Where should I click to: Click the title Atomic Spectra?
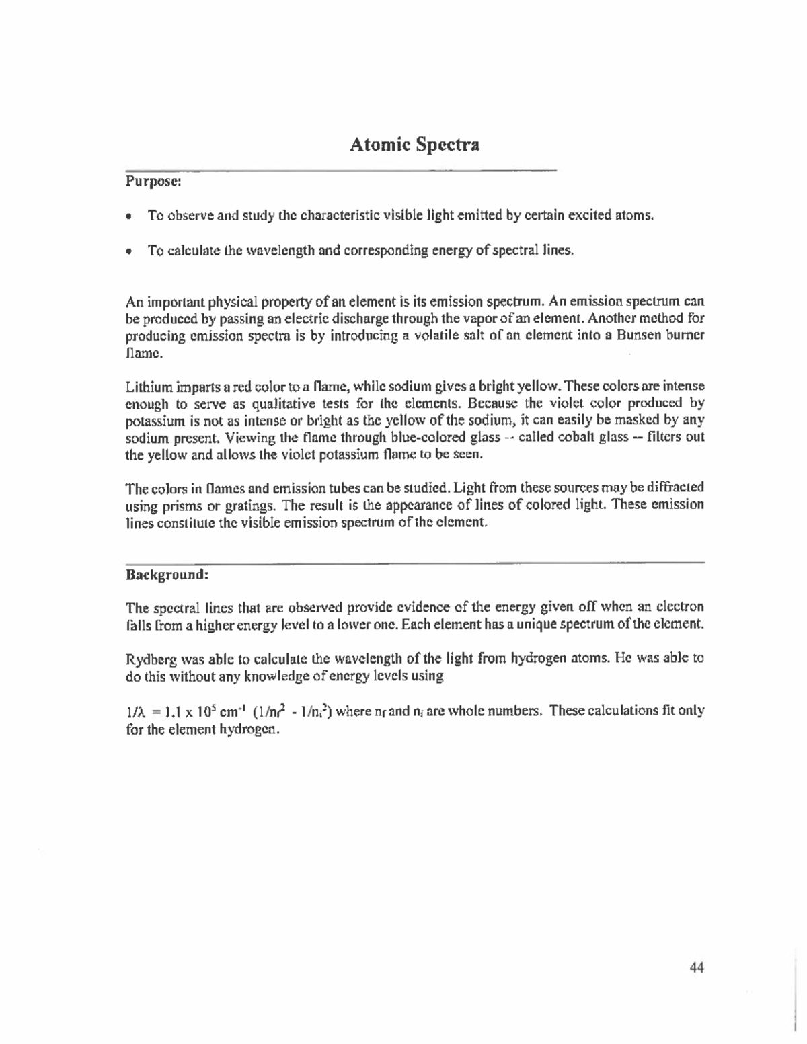pyautogui.click(x=414, y=145)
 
